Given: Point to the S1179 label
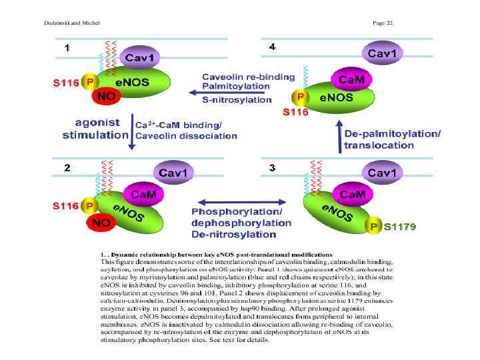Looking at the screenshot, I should coord(400,227).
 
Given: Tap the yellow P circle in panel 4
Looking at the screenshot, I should coord(300,97).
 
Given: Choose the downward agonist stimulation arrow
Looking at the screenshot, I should coord(131,131).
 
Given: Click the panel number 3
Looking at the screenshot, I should coord(272,168).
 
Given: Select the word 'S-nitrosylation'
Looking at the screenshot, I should coord(237,100).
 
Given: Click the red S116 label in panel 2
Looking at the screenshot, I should coord(67,207).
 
